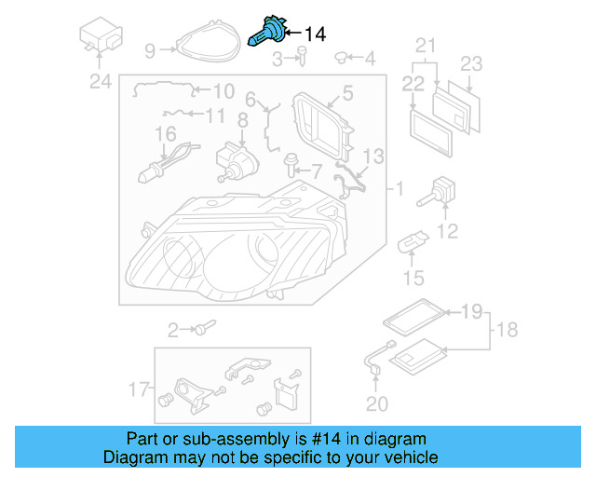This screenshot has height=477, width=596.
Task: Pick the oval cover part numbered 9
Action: tap(201, 42)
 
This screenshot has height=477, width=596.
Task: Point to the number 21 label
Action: tap(425, 45)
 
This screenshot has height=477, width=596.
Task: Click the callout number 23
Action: tap(472, 64)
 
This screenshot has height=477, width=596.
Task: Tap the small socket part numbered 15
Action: tap(411, 247)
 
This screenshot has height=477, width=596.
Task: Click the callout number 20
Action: tap(375, 403)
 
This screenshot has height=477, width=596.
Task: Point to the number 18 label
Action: tap(508, 330)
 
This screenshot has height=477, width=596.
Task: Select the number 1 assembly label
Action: tap(400, 190)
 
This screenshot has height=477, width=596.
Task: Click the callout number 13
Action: tap(372, 155)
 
